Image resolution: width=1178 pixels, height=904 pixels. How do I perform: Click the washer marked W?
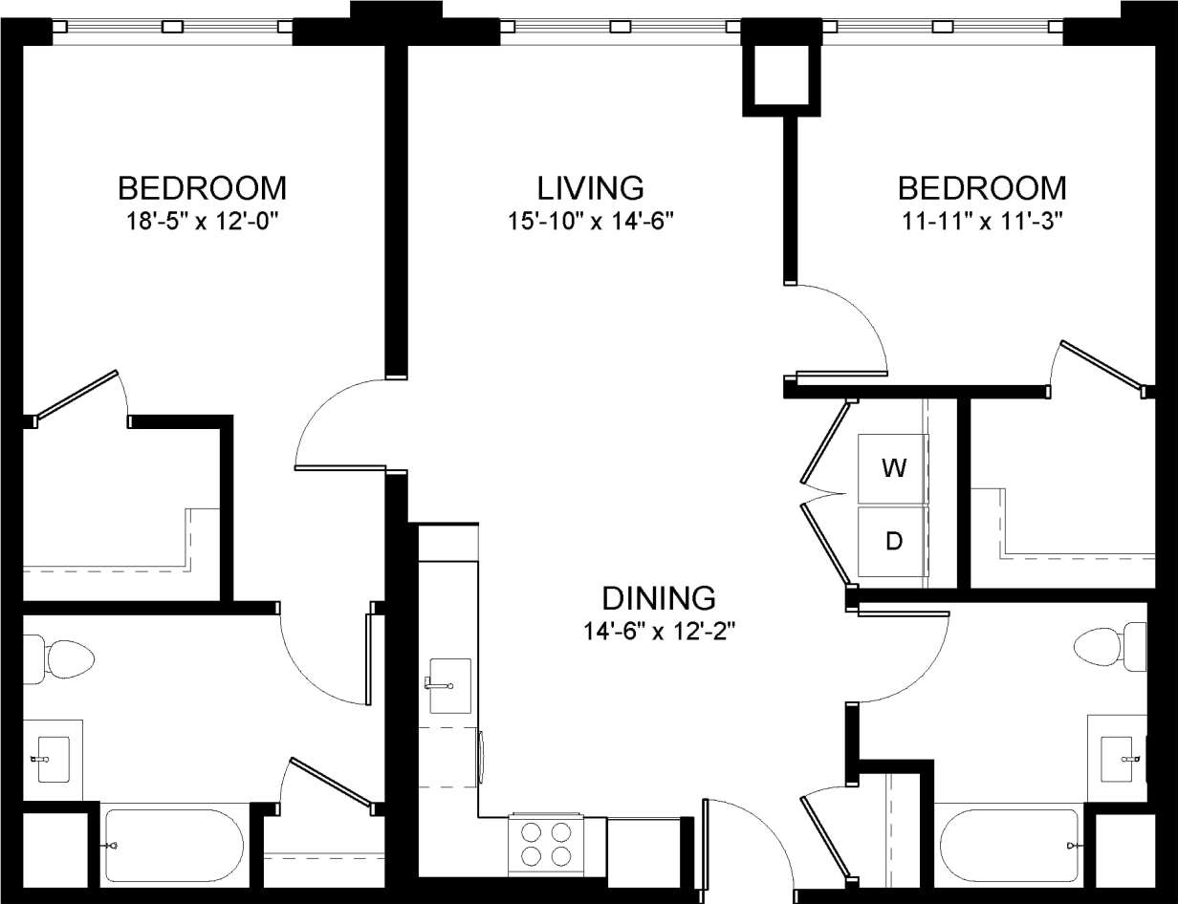tap(893, 468)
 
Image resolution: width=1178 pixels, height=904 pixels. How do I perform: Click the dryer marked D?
tap(893, 542)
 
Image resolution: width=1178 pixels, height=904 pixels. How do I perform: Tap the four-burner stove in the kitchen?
tap(545, 842)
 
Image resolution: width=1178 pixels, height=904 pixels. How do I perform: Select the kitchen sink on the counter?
tap(449, 684)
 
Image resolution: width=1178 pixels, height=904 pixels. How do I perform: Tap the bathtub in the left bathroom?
tap(173, 846)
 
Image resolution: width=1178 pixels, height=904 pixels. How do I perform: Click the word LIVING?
tap(590, 186)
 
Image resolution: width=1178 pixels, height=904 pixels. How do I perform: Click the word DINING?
tap(659, 598)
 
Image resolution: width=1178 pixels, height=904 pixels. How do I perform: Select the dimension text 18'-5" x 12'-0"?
tap(202, 221)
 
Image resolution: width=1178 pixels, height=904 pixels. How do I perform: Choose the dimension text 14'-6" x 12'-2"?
tap(659, 632)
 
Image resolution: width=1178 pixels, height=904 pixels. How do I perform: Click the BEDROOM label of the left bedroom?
tap(202, 186)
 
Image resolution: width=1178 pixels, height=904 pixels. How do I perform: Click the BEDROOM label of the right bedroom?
tap(982, 186)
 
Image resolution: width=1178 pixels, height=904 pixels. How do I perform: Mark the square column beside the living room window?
tap(782, 74)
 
